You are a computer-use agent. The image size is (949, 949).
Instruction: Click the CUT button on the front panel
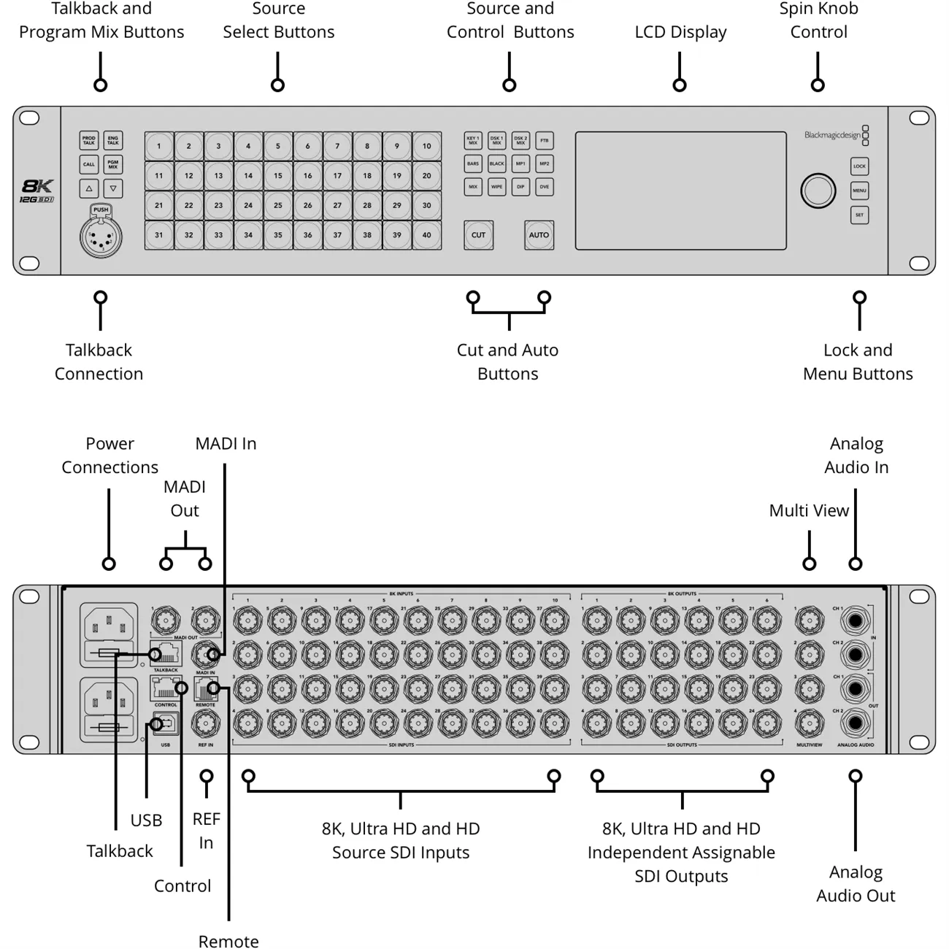[x=478, y=235]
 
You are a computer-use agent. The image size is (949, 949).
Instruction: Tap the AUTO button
[x=539, y=235]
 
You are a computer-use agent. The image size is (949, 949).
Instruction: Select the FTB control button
[x=545, y=140]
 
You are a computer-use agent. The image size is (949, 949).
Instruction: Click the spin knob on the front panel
[x=818, y=191]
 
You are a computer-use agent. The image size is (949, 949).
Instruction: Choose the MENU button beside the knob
[x=859, y=191]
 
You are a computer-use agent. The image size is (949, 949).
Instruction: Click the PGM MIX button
[x=112, y=164]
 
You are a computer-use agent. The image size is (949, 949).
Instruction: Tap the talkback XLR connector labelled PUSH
[x=101, y=235]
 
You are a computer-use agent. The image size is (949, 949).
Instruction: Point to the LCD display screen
[x=680, y=191]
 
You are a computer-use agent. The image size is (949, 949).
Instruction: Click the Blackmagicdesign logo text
[x=832, y=135]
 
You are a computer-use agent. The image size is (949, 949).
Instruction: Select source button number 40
[x=426, y=235]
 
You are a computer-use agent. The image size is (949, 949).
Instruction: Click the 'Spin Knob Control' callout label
[x=818, y=20]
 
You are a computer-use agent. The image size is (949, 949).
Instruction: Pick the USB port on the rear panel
[x=166, y=724]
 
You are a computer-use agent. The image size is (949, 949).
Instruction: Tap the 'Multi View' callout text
[x=809, y=510]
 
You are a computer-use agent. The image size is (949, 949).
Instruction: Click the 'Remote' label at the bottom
[x=228, y=941]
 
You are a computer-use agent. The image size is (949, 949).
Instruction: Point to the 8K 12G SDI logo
[x=36, y=191]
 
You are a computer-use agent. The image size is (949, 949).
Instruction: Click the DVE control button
[x=545, y=187]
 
